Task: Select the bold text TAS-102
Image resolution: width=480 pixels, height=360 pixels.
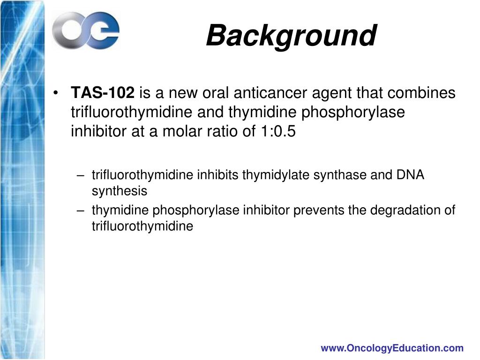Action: point(103,93)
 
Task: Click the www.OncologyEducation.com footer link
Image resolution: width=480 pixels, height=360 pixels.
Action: point(392,348)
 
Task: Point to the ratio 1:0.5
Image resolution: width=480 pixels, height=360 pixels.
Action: point(276,132)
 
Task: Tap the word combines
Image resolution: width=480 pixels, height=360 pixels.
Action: point(425,93)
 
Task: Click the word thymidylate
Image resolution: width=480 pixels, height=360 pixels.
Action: point(276,175)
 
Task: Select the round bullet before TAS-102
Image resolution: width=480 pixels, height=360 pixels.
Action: point(57,93)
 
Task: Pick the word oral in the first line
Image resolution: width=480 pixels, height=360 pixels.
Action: point(215,93)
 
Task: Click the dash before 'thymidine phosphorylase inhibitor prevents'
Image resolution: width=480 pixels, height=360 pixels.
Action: point(81,210)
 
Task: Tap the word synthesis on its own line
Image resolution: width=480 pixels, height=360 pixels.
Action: point(119,191)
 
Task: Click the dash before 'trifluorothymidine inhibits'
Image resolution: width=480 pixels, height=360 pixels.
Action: point(81,175)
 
